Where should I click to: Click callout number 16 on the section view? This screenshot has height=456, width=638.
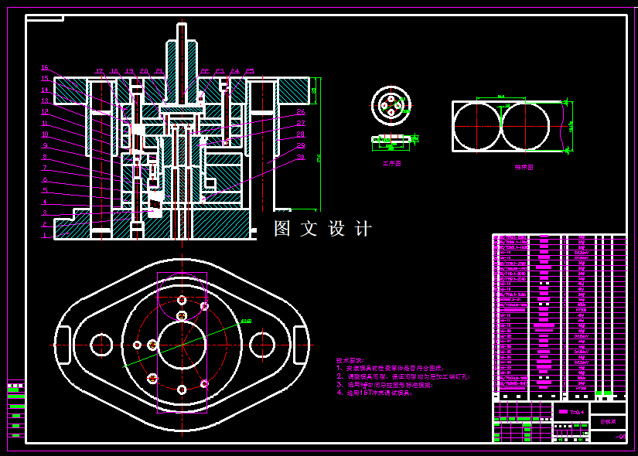click(45, 68)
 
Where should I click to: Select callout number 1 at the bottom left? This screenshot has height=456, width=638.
click(45, 236)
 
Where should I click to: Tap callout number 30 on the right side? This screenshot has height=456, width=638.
click(301, 157)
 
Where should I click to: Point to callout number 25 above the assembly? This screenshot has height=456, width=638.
click(250, 72)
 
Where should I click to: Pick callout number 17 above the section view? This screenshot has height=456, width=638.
click(99, 72)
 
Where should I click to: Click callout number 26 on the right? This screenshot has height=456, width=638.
click(301, 112)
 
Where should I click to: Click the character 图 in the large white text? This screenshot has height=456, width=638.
click(283, 229)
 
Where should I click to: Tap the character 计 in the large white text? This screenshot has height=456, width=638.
click(363, 229)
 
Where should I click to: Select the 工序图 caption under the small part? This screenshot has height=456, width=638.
click(391, 164)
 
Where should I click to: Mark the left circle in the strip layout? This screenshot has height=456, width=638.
click(477, 126)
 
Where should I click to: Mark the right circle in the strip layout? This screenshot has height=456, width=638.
click(525, 126)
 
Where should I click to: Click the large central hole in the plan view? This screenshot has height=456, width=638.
click(182, 345)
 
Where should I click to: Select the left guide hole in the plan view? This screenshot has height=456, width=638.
click(101, 345)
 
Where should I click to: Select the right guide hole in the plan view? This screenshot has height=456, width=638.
click(262, 345)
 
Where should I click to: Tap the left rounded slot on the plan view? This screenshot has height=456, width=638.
click(63, 345)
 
